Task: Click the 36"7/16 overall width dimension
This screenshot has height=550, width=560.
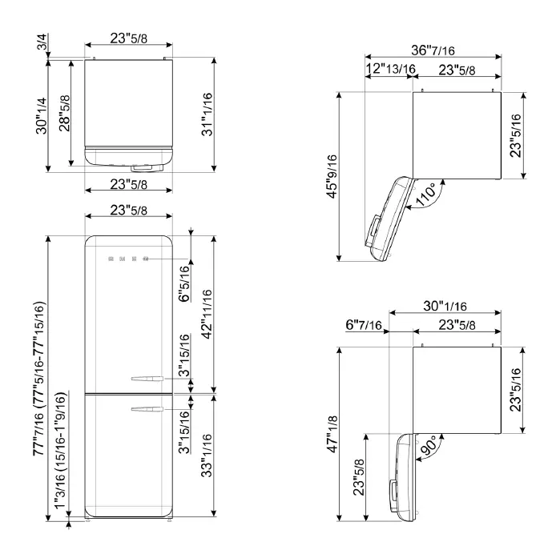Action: tap(433, 50)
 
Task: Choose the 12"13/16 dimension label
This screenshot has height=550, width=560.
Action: tap(390, 70)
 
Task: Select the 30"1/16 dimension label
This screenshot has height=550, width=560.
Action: tap(444, 305)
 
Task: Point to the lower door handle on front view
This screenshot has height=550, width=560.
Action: tap(147, 410)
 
